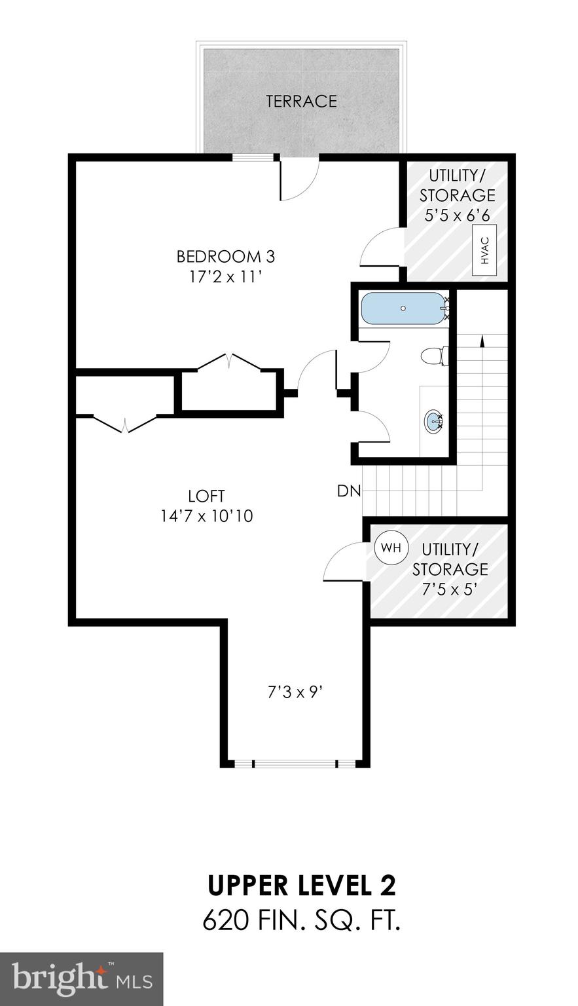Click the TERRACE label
301,102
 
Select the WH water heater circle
391,548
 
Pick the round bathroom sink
433,420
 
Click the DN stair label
349,491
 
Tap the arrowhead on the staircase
482,340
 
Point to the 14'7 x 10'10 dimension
206,517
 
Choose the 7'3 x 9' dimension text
296,692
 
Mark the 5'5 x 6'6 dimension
457,215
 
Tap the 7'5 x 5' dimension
450,589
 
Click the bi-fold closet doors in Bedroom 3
229,362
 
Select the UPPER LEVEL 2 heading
302,885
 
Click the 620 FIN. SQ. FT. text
302,920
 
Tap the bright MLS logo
82,979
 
